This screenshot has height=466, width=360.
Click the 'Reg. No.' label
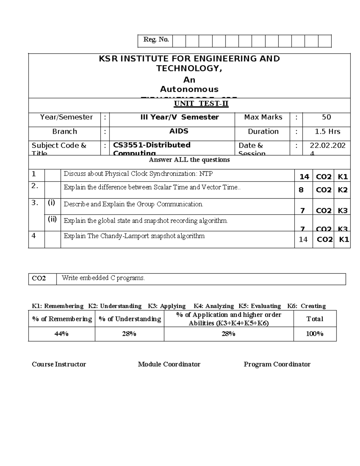[156, 40]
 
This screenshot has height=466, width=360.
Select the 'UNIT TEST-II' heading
[201, 104]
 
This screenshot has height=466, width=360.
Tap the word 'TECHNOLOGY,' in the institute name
[189, 68]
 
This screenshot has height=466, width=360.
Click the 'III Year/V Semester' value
[179, 117]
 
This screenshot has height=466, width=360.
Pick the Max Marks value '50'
[326, 117]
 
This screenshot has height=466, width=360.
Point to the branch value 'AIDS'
[179, 131]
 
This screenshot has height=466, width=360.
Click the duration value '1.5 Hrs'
[327, 131]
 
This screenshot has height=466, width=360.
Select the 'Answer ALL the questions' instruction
[189, 160]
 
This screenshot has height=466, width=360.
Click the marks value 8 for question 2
[301, 190]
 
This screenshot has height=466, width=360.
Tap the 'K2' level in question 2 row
[342, 190]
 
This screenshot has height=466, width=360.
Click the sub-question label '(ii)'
[52, 219]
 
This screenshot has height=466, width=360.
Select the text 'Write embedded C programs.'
[103, 278]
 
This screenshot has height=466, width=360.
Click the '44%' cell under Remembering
[61, 334]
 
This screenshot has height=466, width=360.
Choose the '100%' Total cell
[314, 334]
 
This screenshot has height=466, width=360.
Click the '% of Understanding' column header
[130, 319]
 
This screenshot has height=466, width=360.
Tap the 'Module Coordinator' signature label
[169, 364]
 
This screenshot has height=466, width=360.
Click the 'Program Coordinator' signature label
[277, 364]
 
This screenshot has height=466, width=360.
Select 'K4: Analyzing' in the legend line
[214, 306]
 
